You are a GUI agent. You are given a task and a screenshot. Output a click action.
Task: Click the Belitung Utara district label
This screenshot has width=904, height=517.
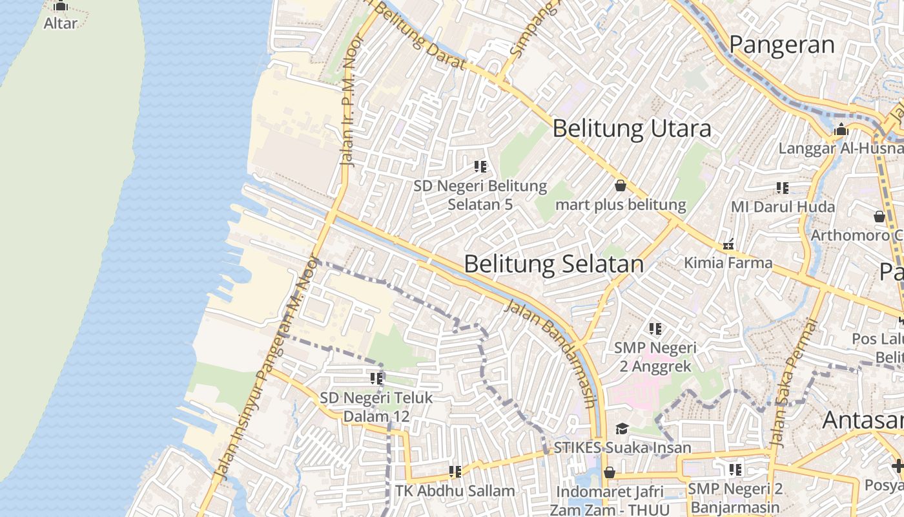632,129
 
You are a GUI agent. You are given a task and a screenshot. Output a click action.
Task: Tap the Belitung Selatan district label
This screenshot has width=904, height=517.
554,264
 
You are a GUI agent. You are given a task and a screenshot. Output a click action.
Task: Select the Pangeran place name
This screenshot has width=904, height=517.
782,45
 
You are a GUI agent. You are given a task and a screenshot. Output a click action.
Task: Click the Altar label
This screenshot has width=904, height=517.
61,23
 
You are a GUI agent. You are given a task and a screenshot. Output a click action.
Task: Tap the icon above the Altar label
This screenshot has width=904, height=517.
61,6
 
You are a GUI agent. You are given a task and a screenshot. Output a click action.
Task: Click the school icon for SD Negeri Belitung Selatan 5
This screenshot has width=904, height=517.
480,167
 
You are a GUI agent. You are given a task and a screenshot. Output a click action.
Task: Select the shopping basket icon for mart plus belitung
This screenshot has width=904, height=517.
621,185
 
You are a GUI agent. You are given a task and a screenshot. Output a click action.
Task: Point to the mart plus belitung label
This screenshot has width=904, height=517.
621,205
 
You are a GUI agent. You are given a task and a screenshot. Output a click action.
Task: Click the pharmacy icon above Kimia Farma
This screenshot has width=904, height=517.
729,244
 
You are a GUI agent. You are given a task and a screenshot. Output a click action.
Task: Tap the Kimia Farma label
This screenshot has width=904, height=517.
728,262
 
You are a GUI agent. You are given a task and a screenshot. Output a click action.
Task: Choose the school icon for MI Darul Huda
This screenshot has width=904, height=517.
783,188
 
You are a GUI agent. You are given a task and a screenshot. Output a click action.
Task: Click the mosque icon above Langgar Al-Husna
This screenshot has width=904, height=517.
841,130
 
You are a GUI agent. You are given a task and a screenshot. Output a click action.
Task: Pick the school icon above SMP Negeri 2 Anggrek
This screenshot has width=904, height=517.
655,329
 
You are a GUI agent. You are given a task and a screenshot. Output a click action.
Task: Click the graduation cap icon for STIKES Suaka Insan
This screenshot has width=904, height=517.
622,428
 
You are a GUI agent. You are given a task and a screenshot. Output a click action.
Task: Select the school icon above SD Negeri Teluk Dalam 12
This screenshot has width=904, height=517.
376,379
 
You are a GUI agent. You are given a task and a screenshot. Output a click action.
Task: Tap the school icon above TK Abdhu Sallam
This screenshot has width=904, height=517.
455,472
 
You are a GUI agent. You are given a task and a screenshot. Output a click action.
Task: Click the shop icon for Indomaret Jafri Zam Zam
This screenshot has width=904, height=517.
609,473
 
